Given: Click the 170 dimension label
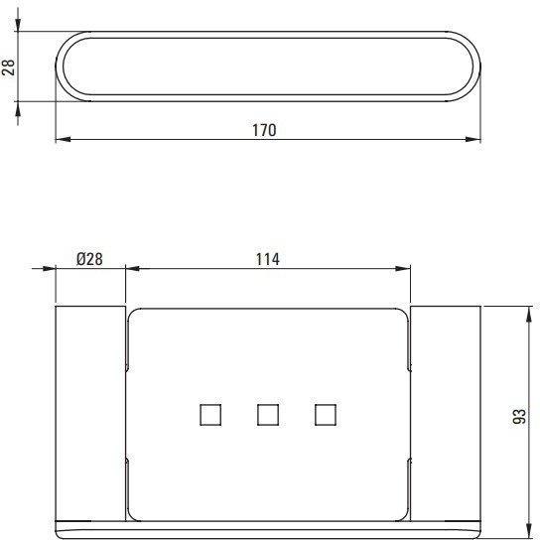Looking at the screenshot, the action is (x=264, y=130).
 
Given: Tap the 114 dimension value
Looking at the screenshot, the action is (x=268, y=259).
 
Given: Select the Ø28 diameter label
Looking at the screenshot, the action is (x=89, y=259).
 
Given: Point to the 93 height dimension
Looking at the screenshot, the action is (x=519, y=416).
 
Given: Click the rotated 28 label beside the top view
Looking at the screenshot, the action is (x=9, y=67).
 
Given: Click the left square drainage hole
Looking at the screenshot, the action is (x=210, y=415).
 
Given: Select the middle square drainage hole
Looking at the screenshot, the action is (x=268, y=415).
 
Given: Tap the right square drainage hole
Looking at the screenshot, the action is (x=326, y=415).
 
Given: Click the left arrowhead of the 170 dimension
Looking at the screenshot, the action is (x=63, y=140).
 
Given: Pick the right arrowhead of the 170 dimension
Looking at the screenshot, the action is (x=472, y=140).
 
